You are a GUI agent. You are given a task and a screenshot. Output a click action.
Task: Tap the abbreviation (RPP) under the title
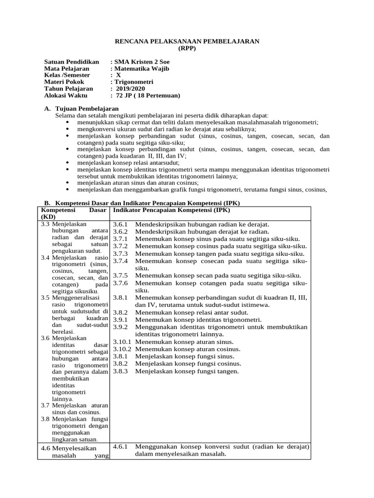[187, 49]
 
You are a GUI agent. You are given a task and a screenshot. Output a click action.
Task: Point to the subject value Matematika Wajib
[142, 69]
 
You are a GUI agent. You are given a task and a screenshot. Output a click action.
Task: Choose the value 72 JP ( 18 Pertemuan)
[145, 95]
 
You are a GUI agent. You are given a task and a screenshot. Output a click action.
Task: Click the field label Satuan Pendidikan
[72, 62]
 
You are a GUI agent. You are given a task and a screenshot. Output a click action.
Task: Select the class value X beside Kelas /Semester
[118, 75]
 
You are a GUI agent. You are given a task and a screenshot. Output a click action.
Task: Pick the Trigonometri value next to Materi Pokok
[133, 82]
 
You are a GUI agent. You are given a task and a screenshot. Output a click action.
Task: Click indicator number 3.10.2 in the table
[122, 349]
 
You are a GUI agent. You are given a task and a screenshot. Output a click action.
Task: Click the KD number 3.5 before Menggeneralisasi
[45, 297]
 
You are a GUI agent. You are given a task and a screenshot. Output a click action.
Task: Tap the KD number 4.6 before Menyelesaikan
[46, 448]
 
